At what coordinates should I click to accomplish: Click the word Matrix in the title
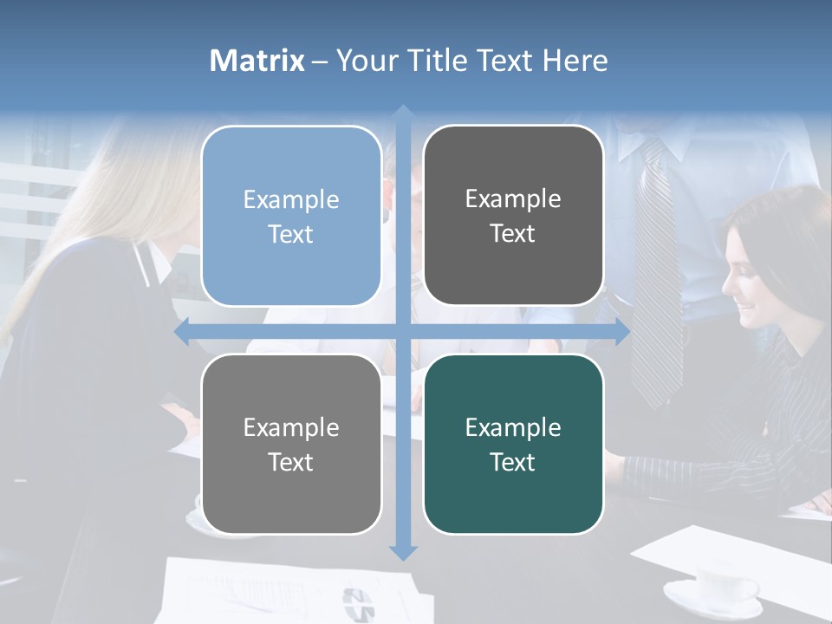(257, 61)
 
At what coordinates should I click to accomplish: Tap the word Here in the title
(575, 61)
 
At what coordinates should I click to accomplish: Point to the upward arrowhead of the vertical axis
(403, 112)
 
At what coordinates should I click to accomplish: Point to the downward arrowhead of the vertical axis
(403, 552)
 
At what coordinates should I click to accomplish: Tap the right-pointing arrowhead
(622, 331)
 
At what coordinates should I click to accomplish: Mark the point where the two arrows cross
(403, 331)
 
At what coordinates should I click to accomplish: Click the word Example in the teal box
(513, 427)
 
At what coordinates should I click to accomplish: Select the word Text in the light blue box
(291, 234)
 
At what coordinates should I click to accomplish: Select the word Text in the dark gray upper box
(513, 233)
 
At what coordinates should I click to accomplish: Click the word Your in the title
(365, 61)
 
